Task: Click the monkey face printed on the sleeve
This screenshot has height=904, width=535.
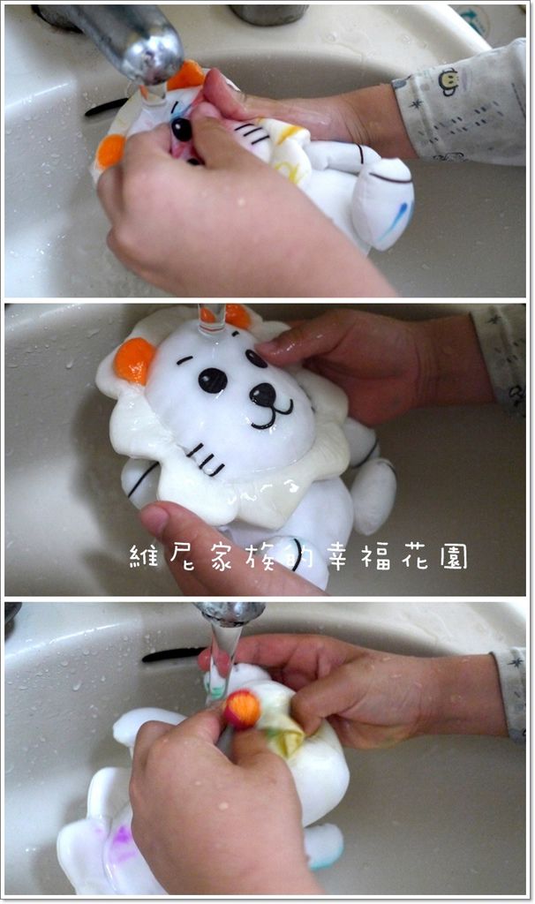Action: [x=448, y=81]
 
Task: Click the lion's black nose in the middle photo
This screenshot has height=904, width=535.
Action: [x=263, y=395]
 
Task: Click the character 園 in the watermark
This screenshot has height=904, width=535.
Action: [x=455, y=557]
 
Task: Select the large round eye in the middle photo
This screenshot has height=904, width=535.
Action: [x=213, y=380]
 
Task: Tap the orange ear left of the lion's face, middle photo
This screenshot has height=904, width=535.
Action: [x=134, y=360]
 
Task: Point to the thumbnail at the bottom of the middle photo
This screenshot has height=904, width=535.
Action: [x=155, y=519]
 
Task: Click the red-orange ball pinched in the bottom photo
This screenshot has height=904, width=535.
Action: [x=242, y=709]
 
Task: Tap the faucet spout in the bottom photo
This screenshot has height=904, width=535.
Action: [x=229, y=614]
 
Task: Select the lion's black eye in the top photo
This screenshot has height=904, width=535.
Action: [x=182, y=129]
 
